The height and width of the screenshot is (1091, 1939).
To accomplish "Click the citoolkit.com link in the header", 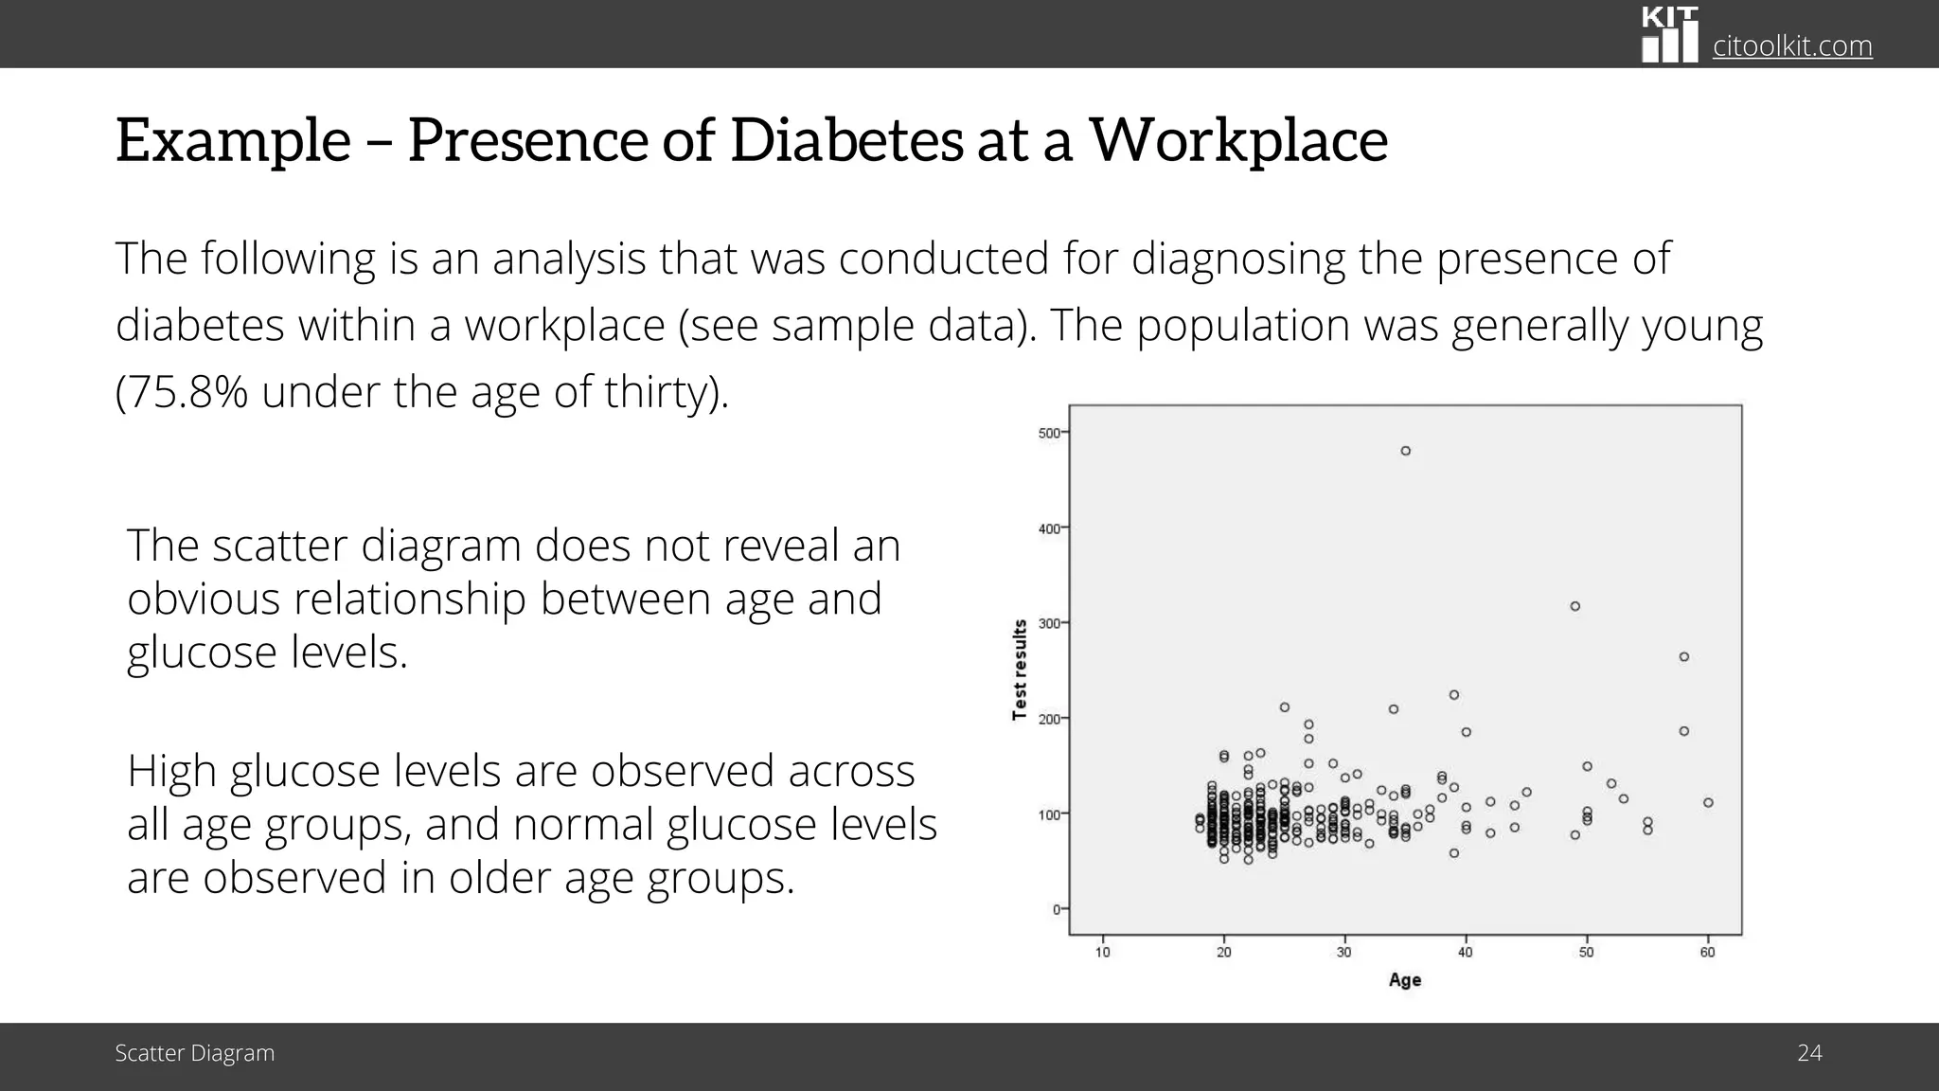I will (1792, 46).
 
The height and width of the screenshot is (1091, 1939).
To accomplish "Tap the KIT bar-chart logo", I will (1669, 35).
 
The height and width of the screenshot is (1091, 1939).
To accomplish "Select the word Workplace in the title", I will (1238, 140).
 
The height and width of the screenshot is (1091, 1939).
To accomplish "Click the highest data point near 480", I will (1406, 451).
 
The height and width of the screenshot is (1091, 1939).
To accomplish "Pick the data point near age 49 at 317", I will (1575, 606).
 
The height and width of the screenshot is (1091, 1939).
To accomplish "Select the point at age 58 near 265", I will (1684, 656).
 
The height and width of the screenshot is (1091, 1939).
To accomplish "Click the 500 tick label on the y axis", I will (1049, 433).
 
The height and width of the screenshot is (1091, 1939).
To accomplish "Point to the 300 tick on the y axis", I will (1049, 623).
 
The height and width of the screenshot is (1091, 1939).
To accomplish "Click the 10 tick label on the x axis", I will (1103, 952).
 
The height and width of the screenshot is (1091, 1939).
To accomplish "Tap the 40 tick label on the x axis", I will (1466, 952).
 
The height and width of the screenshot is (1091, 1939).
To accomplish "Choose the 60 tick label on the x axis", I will (1708, 952).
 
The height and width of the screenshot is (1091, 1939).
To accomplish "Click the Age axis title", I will (1405, 980).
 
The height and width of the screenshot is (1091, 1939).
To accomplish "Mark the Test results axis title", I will (1020, 670).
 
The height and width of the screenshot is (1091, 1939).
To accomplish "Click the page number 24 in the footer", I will (1809, 1053).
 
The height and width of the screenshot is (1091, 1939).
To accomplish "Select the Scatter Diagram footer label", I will (195, 1053).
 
